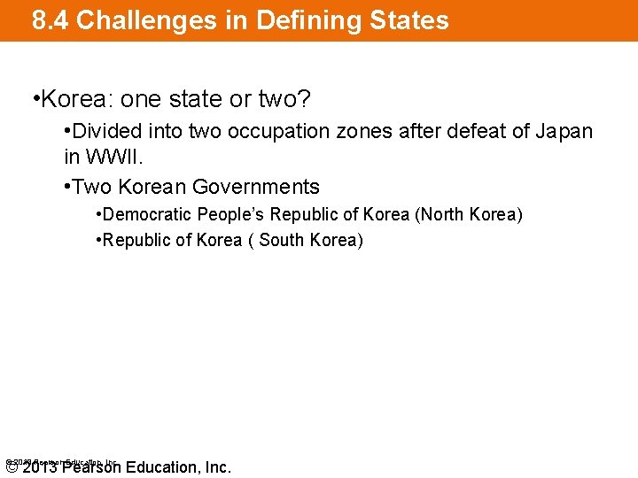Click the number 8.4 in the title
pos(51,20)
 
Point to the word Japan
pos(564,132)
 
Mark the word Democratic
pos(148,215)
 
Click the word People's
pos(231,215)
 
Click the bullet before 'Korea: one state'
pos(35,96)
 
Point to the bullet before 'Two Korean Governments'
pos(68,187)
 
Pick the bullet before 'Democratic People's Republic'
pos(99,215)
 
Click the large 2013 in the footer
pos(40,467)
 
